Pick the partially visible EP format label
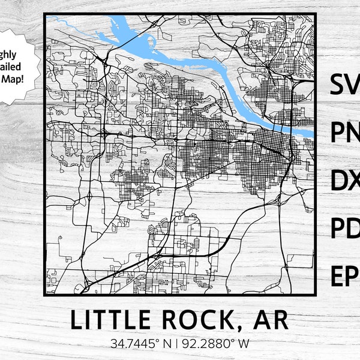coord(344,276)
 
